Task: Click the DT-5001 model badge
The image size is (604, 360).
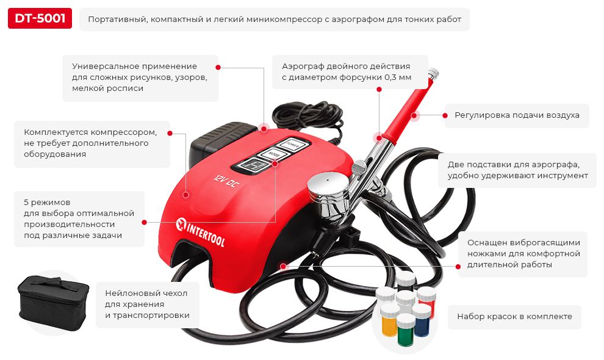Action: coord(40,20)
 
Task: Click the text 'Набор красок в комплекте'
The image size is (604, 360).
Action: coord(514,317)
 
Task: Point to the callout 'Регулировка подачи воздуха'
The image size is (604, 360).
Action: coord(517,115)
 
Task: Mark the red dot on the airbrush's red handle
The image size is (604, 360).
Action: coord(414,114)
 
